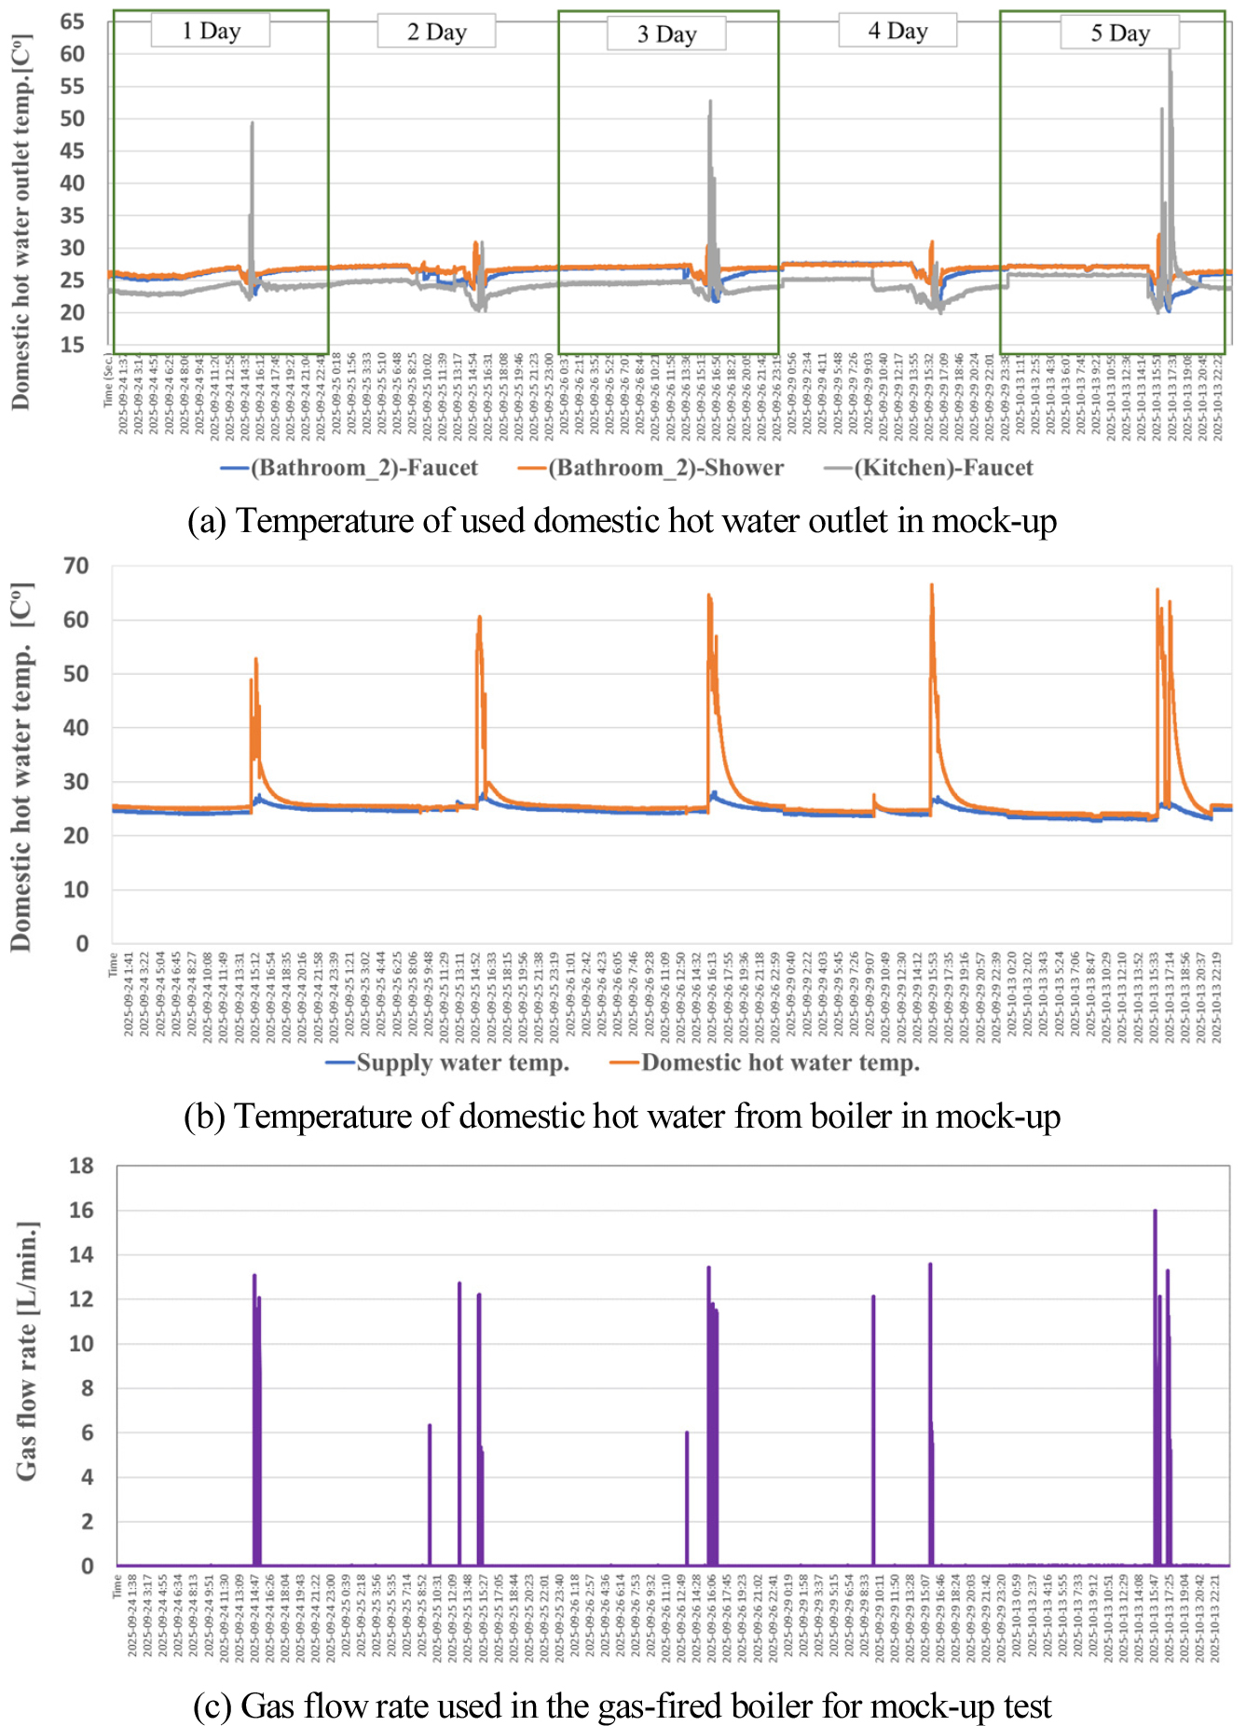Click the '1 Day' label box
click(x=211, y=31)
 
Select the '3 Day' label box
click(x=666, y=34)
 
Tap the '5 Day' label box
click(x=1119, y=34)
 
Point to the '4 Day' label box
click(x=897, y=31)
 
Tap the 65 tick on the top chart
click(x=72, y=21)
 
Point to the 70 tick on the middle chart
click(x=76, y=566)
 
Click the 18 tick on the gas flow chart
click(x=82, y=1165)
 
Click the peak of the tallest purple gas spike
click(x=1155, y=1211)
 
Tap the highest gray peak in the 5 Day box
click(x=1171, y=49)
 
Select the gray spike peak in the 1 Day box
click(x=252, y=123)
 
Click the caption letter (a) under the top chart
click(x=206, y=521)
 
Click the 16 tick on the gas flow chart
click(x=82, y=1210)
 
